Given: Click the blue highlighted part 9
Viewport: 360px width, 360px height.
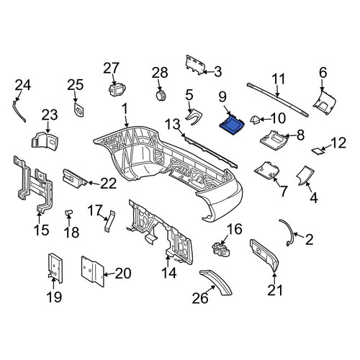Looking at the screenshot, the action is coord(232,125).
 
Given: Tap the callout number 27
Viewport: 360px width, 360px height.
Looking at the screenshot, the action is coord(111,68).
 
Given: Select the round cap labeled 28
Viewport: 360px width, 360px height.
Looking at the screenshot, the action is coord(161,96).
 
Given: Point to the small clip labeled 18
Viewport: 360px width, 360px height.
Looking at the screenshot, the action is coord(68,212).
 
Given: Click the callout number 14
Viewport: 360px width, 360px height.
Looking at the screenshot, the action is coord(169,273).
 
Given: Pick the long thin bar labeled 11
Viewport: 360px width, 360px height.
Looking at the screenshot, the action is coord(278,99).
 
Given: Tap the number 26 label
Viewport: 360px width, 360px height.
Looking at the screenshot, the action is coord(200,298).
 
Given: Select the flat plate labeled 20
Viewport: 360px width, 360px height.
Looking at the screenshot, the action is coord(93,271).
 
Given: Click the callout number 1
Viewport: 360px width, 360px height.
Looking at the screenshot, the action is coord(125,109).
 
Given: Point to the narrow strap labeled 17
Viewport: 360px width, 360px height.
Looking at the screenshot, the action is coord(109,221).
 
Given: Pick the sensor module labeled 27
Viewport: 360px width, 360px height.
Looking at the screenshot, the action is coord(117,89).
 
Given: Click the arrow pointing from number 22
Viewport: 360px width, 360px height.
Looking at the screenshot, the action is coord(94,184).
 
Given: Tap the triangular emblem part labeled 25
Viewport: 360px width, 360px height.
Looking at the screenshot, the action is coord(79,110).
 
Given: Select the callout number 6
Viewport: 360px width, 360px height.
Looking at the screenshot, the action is coord(323,73).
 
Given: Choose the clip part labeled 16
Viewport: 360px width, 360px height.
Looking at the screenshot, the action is coord(221,248).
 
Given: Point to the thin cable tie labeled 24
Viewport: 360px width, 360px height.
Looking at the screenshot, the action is coord(19,112).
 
